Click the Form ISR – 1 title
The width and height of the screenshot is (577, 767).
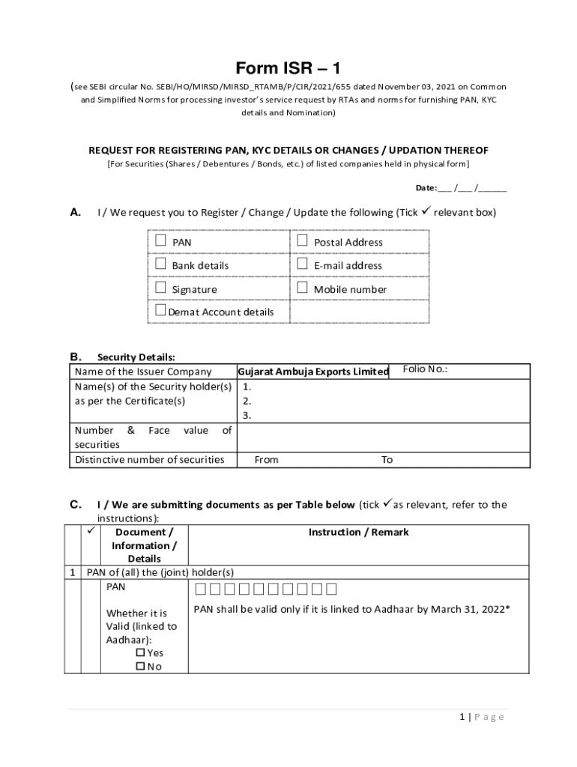click(288, 69)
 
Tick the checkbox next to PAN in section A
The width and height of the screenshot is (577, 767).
click(160, 241)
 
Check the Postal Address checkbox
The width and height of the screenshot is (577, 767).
click(302, 241)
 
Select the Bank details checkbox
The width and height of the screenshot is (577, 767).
click(160, 264)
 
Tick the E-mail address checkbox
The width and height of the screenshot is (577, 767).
click(302, 264)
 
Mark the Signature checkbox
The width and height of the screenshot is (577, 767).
click(160, 288)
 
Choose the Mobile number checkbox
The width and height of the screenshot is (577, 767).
click(302, 288)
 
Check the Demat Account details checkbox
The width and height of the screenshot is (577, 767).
click(160, 311)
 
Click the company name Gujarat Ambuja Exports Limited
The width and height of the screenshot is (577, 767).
click(313, 372)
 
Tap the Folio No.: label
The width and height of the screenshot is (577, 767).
click(425, 369)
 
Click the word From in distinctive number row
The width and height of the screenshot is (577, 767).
click(266, 460)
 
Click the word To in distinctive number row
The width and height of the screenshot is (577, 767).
click(387, 460)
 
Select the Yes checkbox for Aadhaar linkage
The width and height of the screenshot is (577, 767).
click(140, 652)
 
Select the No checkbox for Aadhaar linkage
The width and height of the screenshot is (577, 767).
click(140, 667)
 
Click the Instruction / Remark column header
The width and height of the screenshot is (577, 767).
click(358, 532)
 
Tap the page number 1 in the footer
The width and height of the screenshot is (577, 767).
click(463, 717)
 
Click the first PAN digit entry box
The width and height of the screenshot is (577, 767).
click(199, 589)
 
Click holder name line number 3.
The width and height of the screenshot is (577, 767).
click(246, 416)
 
